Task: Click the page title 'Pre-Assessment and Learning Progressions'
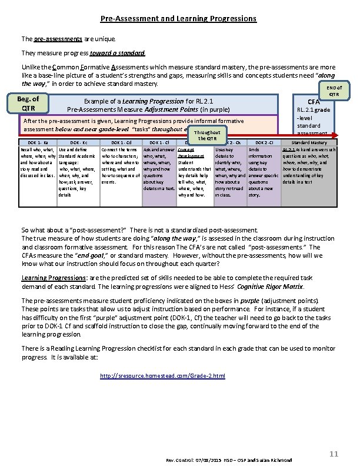pyautogui.click(x=178, y=18)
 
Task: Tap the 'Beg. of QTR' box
pyautogui.click(x=29, y=103)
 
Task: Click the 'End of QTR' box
pyautogui.click(x=333, y=91)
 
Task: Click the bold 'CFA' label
pyautogui.click(x=314, y=102)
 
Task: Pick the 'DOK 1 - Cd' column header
pyautogui.click(x=121, y=143)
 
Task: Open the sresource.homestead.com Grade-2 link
pyautogui.click(x=162, y=375)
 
